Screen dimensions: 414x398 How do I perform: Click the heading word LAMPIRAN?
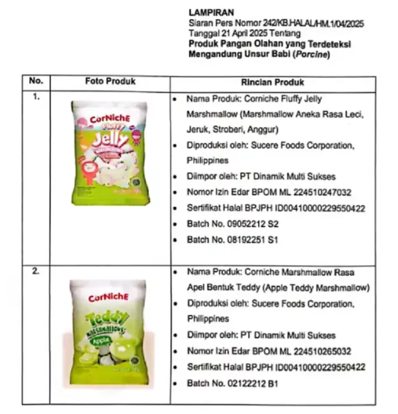pos(212,12)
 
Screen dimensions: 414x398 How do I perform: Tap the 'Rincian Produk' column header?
pos(272,82)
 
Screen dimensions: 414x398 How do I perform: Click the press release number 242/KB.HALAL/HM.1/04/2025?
pos(315,24)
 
